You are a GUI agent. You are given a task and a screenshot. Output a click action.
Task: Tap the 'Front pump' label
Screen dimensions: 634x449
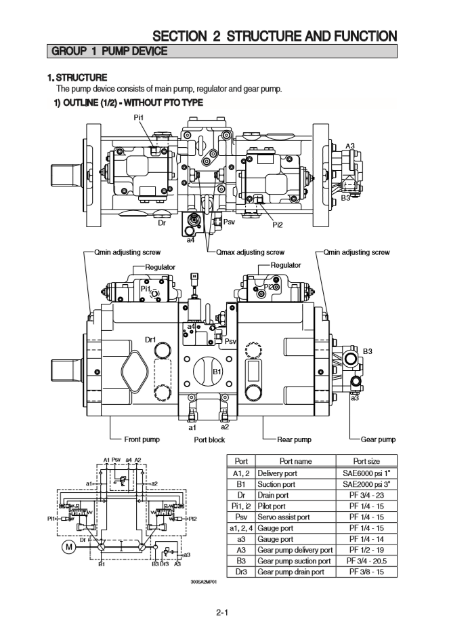[142, 439]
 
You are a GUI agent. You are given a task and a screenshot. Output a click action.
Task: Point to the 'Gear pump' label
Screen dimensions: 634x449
[378, 439]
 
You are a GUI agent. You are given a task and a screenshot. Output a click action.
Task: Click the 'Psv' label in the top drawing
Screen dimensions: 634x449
[228, 221]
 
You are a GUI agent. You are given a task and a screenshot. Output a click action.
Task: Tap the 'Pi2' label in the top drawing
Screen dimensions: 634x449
[278, 224]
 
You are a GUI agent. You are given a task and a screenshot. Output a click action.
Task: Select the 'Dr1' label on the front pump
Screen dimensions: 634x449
[150, 339]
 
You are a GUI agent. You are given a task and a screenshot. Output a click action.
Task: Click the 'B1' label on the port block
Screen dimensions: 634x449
[217, 372]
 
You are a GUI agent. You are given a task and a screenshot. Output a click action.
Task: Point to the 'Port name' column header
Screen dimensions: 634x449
[295, 461]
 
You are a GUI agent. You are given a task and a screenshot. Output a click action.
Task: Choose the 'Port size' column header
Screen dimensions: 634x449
[366, 461]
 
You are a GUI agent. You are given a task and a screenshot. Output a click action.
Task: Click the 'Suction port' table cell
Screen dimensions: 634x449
[276, 485]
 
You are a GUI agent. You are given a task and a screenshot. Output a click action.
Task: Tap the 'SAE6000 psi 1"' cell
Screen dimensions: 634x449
[366, 473]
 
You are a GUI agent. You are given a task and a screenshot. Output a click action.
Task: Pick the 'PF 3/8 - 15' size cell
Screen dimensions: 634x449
[366, 572]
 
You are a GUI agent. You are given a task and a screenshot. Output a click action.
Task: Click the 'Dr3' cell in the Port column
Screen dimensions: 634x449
[241, 572]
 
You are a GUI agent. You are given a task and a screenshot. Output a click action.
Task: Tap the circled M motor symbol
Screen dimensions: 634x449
[70, 548]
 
